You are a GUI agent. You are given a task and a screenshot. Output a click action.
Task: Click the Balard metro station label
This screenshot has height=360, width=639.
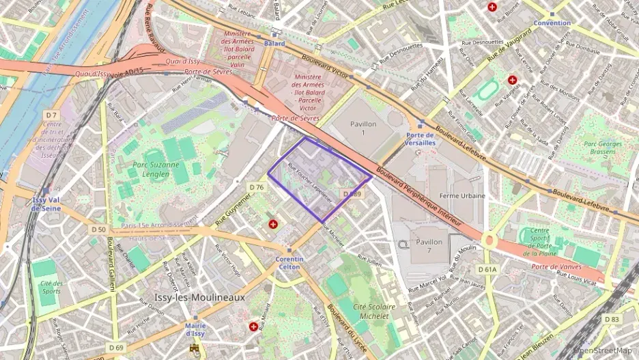tap(274, 43)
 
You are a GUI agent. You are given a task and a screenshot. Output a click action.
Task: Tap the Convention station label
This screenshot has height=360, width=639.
tap(552, 23)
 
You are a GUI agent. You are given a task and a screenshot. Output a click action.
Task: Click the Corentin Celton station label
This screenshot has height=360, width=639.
tap(289, 263)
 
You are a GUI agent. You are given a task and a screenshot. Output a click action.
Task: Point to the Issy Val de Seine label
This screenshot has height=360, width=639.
tap(45, 204)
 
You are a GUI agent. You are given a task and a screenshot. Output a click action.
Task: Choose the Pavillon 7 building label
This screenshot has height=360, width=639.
tap(429, 246)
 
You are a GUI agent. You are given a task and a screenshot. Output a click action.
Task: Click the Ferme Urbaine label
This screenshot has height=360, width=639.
tap(462, 196)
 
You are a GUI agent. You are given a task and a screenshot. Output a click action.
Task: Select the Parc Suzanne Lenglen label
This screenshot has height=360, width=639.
tap(156, 169)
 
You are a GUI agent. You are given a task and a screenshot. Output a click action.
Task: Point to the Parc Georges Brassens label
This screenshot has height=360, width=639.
tap(601, 148)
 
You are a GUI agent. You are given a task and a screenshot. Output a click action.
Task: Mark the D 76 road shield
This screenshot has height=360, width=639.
tap(257, 187)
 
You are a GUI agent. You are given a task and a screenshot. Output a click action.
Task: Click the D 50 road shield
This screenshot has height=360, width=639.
tap(98, 230)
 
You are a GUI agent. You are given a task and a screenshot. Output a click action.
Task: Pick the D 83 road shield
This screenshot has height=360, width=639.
tap(612, 319)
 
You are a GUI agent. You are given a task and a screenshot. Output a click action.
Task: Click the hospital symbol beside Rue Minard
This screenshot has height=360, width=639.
tap(254, 327)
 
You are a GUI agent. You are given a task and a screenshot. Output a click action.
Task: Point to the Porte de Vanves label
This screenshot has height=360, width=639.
tap(556, 266)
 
